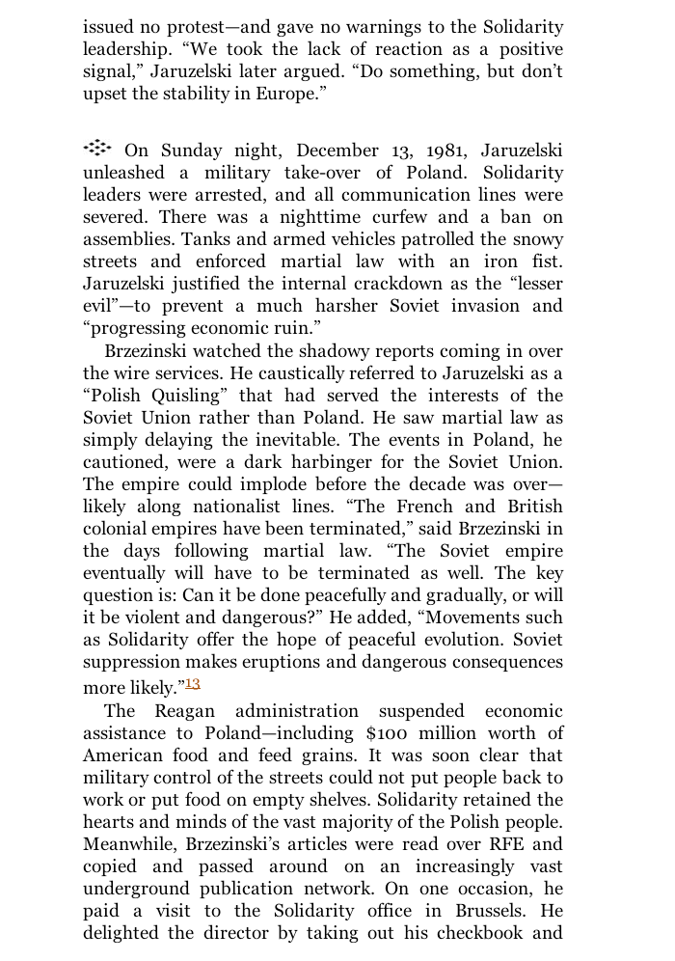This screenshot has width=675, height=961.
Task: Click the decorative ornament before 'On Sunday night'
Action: click(97, 149)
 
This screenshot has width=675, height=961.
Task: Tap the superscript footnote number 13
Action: click(193, 684)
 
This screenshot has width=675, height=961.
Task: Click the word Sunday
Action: click(192, 151)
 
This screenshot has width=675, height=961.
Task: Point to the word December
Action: click(337, 151)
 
